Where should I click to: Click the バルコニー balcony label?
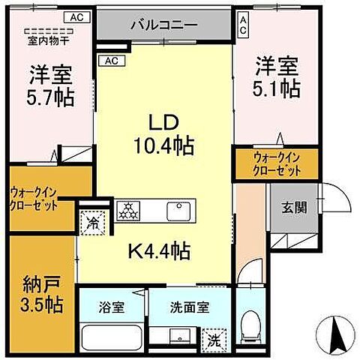tap(163, 25)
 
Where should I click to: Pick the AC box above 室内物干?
tap(76, 15)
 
